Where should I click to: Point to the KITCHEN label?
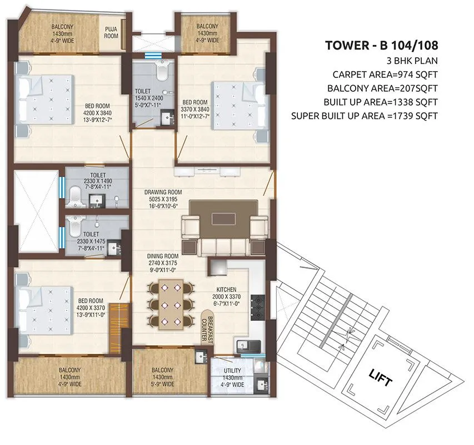pos(227,290)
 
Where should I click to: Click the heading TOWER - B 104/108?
pos(381,46)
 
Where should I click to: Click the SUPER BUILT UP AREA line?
pos(365,116)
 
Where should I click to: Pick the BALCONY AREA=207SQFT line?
pos(382,88)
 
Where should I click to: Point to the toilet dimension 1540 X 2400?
pos(147,98)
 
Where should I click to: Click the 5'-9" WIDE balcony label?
pos(163,384)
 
